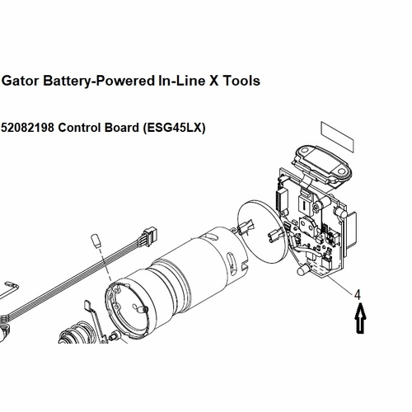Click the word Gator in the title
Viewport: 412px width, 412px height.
pos(22,81)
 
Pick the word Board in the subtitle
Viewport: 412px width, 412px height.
pos(123,129)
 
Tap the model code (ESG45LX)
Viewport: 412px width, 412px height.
pos(175,129)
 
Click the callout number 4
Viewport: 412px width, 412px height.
pos(358,293)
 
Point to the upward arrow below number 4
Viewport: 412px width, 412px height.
pos(358,317)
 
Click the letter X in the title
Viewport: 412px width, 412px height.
pos(213,81)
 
